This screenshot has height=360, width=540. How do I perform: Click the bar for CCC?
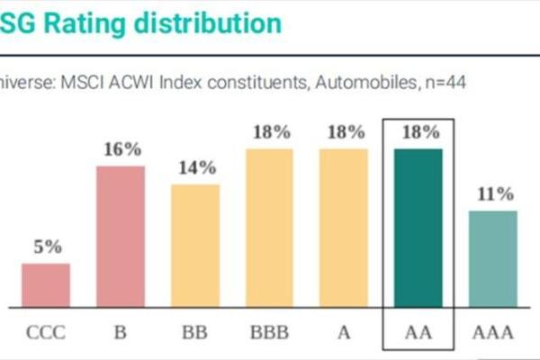click(x=46, y=284)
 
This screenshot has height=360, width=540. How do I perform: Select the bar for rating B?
click(x=121, y=236)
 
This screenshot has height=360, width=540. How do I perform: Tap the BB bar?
click(x=195, y=245)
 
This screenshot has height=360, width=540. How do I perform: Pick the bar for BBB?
click(x=270, y=227)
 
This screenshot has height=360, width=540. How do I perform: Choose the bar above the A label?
click(x=344, y=227)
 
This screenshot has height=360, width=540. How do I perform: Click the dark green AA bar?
click(x=418, y=227)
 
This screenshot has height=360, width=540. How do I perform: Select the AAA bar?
click(x=492, y=258)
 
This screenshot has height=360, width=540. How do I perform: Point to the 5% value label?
click(x=47, y=247)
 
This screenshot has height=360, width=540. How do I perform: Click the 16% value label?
click(x=121, y=149)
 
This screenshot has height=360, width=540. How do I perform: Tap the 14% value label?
click(x=196, y=167)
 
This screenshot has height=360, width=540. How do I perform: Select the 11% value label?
click(x=493, y=193)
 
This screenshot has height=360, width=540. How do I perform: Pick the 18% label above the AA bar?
click(x=418, y=131)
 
